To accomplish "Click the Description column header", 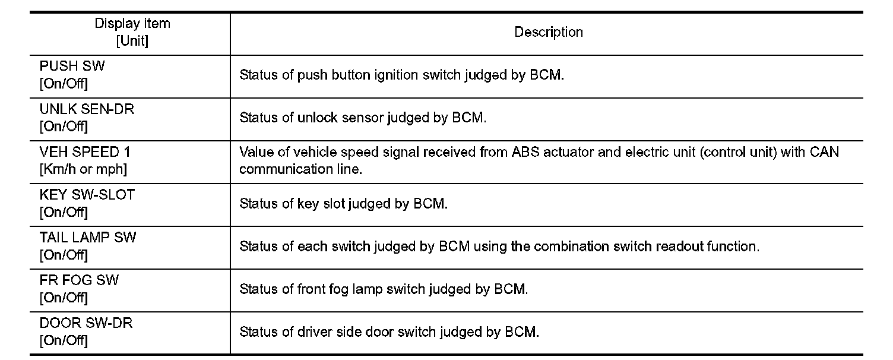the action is [x=548, y=33].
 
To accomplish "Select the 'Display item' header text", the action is [x=132, y=24].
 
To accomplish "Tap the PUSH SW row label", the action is [x=72, y=67].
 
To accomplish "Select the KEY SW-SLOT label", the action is [x=87, y=195].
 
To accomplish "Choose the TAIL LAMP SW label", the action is [x=87, y=238].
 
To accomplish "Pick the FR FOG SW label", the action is [x=79, y=280].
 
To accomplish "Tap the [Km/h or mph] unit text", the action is [x=83, y=169].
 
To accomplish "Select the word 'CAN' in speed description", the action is [x=825, y=152].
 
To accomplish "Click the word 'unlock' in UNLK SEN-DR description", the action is [x=318, y=118].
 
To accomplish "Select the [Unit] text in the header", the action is [x=132, y=41].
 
